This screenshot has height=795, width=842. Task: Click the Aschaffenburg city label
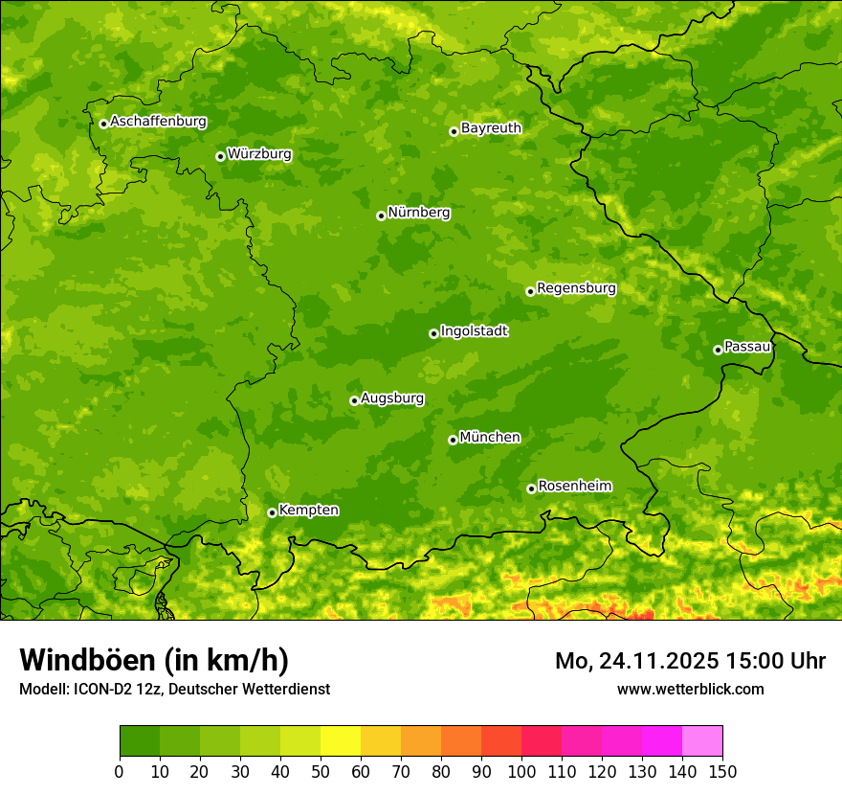158,122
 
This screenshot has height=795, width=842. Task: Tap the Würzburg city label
259,154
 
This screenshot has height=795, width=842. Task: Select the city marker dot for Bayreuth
454,131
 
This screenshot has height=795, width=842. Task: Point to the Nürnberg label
418,213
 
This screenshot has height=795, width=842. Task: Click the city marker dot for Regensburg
530,291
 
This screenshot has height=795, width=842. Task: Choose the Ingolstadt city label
474,331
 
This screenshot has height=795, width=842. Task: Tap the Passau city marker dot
718,350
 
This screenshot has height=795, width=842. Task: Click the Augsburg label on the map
392,398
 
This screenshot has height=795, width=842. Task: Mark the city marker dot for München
453,440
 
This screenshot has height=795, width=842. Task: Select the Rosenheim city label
574,487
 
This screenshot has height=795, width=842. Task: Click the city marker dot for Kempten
272,512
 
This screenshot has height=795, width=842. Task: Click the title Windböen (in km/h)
154,660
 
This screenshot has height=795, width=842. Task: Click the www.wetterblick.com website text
690,690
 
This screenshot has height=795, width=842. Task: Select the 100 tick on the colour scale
521,771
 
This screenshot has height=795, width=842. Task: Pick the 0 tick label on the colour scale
120,771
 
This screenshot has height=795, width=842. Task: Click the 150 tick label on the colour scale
722,771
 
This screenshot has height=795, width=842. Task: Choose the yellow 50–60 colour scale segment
341,741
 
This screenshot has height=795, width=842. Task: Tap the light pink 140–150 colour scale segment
702,741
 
